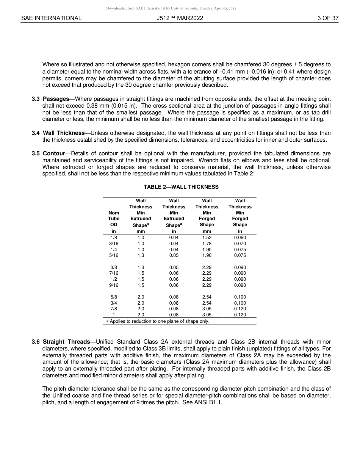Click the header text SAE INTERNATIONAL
[x=51, y=18]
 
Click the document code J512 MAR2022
[x=180, y=18]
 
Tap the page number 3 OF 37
[x=328, y=18]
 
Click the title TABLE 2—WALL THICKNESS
[x=181, y=187]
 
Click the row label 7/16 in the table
[x=114, y=273]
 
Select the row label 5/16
[x=114, y=255]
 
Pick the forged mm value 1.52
[x=207, y=238]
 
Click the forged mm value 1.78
[x=207, y=244]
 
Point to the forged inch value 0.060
[x=240, y=238]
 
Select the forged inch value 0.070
[x=240, y=244]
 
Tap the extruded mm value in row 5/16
[x=141, y=255]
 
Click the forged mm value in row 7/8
[x=207, y=309]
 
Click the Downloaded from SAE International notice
[x=171, y=8]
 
